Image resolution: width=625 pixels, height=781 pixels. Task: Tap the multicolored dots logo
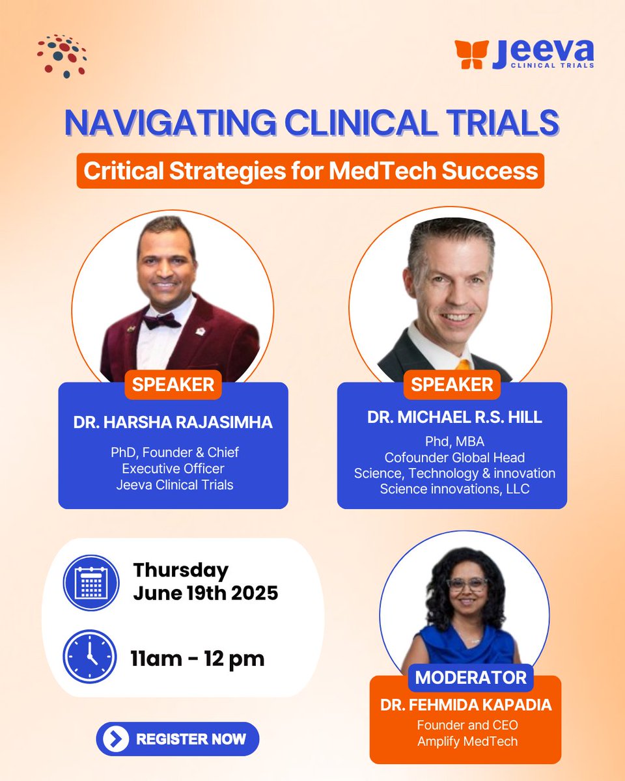click(x=62, y=55)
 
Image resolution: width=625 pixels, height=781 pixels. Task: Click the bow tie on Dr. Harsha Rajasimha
click(x=161, y=321)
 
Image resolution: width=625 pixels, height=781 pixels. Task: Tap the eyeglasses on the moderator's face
click(x=467, y=583)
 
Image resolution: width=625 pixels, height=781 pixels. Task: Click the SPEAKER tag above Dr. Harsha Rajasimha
click(x=173, y=385)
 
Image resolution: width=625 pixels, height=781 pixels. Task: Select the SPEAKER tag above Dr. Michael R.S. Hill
click(x=452, y=385)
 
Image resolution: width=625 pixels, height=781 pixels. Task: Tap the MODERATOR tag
click(x=471, y=678)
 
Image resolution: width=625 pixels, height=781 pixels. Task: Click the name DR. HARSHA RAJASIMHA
click(x=173, y=422)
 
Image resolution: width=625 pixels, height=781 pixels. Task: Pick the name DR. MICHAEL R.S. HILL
click(x=454, y=417)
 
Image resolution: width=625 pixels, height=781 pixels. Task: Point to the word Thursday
click(x=181, y=571)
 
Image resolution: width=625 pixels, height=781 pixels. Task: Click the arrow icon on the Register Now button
click(x=116, y=739)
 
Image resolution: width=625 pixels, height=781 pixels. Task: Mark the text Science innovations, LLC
click(x=454, y=488)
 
